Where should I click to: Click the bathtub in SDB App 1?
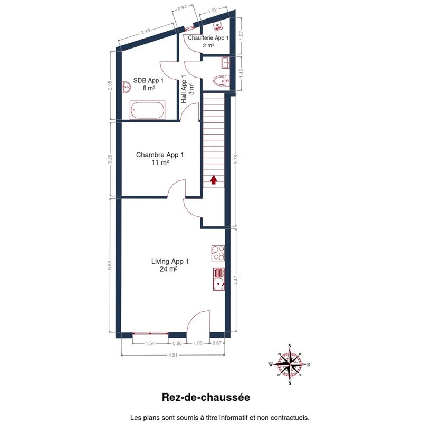pyautogui.click(x=147, y=110)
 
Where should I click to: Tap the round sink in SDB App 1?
pyautogui.click(x=126, y=87)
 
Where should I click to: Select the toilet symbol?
pyautogui.click(x=221, y=81)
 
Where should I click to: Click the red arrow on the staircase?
pyautogui.click(x=214, y=179)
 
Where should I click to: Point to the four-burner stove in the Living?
pyautogui.click(x=218, y=253)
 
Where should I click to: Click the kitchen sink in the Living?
pyautogui.click(x=218, y=280)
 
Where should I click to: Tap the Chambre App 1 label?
pyautogui.click(x=160, y=155)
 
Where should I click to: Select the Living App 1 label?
pyautogui.click(x=170, y=261)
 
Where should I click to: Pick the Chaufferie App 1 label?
pyautogui.click(x=208, y=37)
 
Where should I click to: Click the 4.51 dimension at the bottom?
pyautogui.click(x=173, y=355)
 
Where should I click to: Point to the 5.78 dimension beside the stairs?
pyautogui.click(x=236, y=159)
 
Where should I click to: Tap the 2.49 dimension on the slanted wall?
pyautogui.click(x=146, y=31)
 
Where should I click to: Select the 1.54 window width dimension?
pyautogui.click(x=150, y=343)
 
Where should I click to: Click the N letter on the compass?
pyautogui.click(x=290, y=346)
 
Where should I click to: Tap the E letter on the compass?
pyautogui.click(x=309, y=365)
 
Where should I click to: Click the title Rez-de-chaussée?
pyautogui.click(x=206, y=397)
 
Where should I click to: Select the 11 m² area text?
pyautogui.click(x=160, y=162)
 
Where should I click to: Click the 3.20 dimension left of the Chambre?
pyautogui.click(x=110, y=159)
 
